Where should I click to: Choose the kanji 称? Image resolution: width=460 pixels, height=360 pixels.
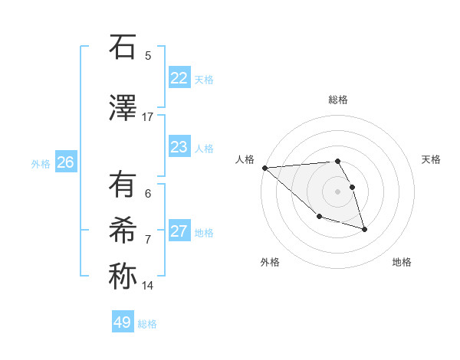123,277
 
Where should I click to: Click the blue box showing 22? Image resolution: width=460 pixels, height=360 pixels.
179,78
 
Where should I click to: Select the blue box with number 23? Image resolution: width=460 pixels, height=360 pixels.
179,147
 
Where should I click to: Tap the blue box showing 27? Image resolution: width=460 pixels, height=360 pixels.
179,231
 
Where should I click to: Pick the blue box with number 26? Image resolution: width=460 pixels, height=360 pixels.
66,162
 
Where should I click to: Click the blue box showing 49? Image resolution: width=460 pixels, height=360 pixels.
123,322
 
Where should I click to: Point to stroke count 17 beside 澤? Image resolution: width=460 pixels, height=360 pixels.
148,116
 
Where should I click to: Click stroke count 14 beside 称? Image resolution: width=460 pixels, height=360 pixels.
148,286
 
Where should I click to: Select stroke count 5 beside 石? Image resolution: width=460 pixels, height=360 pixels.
148,55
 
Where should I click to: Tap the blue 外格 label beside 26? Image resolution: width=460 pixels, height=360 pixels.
41,163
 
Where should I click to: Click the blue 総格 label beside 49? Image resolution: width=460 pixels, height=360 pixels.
147,324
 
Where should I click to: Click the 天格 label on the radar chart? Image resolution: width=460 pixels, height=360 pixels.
432,159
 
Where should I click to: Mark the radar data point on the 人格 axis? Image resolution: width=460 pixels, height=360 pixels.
264,168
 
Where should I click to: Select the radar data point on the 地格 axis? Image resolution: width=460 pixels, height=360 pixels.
364,229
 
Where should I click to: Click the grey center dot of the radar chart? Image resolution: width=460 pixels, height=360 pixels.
337,191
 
